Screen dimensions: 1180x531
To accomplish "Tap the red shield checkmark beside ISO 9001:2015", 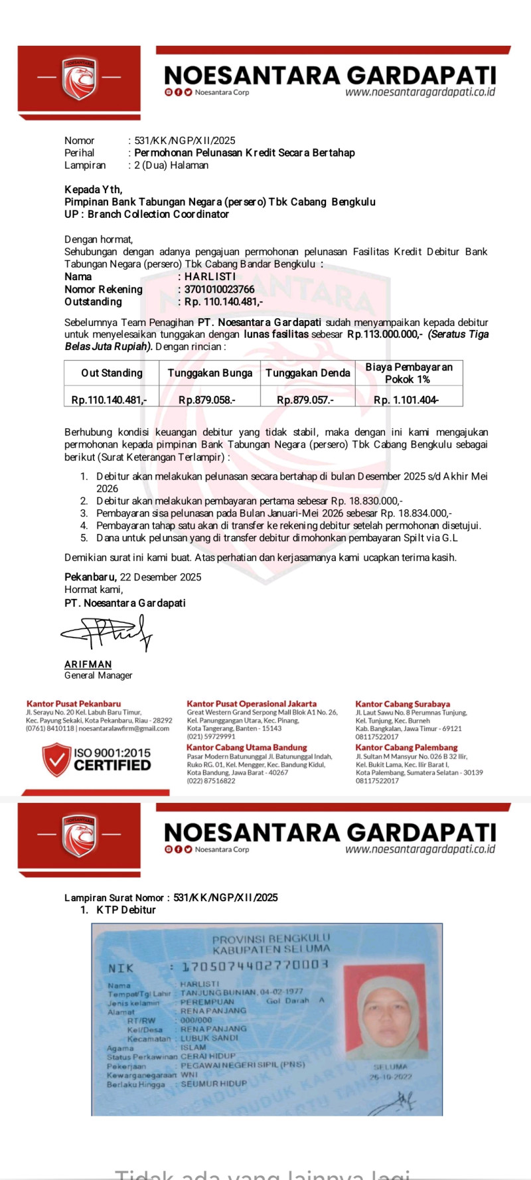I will (x=56, y=759).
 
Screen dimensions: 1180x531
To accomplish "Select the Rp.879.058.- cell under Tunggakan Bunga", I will (x=207, y=400).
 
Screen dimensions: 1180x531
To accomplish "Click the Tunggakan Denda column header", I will (x=307, y=373).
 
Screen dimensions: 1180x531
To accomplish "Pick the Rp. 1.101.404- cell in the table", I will (x=406, y=400).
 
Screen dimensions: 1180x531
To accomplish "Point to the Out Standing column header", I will (x=112, y=373).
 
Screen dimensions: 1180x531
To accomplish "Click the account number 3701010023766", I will (x=220, y=289).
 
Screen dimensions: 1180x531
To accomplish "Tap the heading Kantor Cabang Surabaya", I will (x=402, y=704).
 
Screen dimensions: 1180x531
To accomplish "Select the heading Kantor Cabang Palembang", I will (x=406, y=747).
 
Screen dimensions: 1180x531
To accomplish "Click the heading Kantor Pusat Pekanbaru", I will (x=74, y=703).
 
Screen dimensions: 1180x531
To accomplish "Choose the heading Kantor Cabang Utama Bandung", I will (x=247, y=747).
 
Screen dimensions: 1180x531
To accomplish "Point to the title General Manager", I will (x=98, y=675).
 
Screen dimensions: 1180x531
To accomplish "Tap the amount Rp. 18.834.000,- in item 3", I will (x=416, y=513).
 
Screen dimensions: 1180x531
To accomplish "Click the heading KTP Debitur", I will (x=126, y=910).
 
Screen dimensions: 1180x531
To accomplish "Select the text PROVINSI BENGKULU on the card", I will (x=271, y=939).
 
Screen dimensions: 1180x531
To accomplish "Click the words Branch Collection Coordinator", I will (x=158, y=214).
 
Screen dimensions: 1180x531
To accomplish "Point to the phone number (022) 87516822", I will (x=211, y=781).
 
